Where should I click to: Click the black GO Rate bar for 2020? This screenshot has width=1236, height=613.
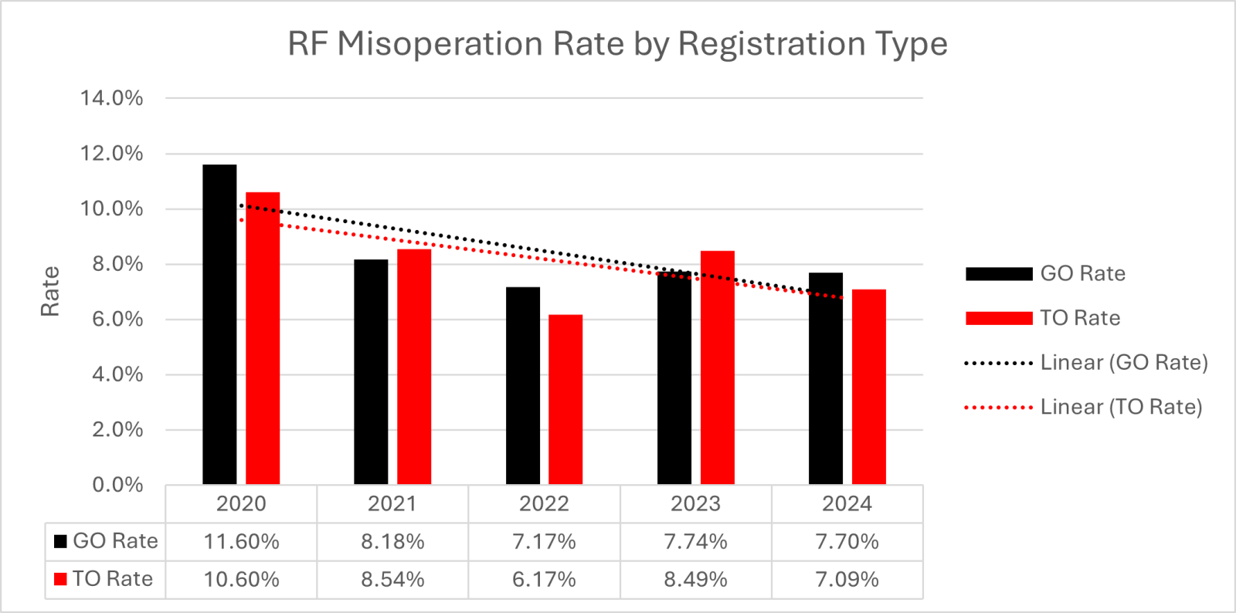(x=219, y=324)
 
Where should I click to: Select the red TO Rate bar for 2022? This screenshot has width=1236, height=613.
(x=565, y=399)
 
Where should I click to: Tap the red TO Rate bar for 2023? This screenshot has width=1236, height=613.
(x=718, y=367)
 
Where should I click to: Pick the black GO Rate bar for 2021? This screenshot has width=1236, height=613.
(x=371, y=371)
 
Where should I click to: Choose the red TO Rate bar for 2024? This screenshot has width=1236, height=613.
(x=869, y=387)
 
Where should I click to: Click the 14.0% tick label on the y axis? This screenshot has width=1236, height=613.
(x=111, y=98)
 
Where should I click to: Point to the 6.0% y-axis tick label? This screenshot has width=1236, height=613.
(x=117, y=319)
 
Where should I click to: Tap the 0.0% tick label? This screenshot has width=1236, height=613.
(x=117, y=485)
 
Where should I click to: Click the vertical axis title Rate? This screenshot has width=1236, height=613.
(x=50, y=291)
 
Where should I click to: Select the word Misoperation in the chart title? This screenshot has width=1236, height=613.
(x=440, y=44)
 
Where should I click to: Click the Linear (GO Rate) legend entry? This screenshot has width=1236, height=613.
(x=1086, y=363)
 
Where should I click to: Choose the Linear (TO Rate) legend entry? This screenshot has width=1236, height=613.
(x=1083, y=408)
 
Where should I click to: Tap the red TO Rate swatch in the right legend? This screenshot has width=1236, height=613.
(x=999, y=318)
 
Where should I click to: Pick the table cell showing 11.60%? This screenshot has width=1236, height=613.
(x=241, y=541)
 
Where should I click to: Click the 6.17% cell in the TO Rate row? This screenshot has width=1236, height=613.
(x=544, y=579)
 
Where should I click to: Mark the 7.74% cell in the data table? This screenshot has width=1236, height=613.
(x=695, y=541)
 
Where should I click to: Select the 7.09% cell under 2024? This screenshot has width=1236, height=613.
(x=847, y=579)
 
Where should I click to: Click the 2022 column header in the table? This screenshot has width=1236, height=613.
(x=544, y=503)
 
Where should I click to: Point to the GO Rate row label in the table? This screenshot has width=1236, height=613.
(x=105, y=540)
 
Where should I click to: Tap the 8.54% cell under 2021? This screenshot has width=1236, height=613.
(x=393, y=579)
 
